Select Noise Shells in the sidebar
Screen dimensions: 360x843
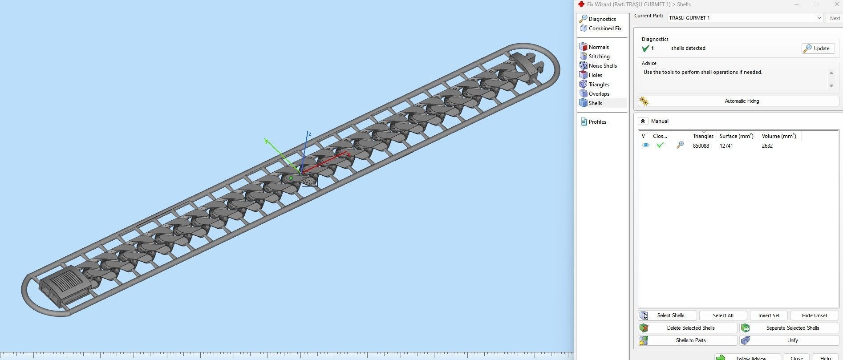(602, 66)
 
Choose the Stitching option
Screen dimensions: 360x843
(599, 57)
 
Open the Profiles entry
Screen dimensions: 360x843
(597, 122)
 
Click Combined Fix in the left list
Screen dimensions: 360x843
(604, 28)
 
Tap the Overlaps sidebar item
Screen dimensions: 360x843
(599, 94)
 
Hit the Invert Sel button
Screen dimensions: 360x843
(768, 316)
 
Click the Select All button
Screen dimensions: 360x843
(723, 316)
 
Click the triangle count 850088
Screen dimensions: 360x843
(701, 146)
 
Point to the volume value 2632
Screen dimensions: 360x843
(767, 146)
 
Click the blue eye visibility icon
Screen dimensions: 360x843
(645, 146)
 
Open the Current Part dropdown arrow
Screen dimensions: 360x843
(819, 18)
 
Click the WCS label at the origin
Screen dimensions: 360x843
(309, 182)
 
